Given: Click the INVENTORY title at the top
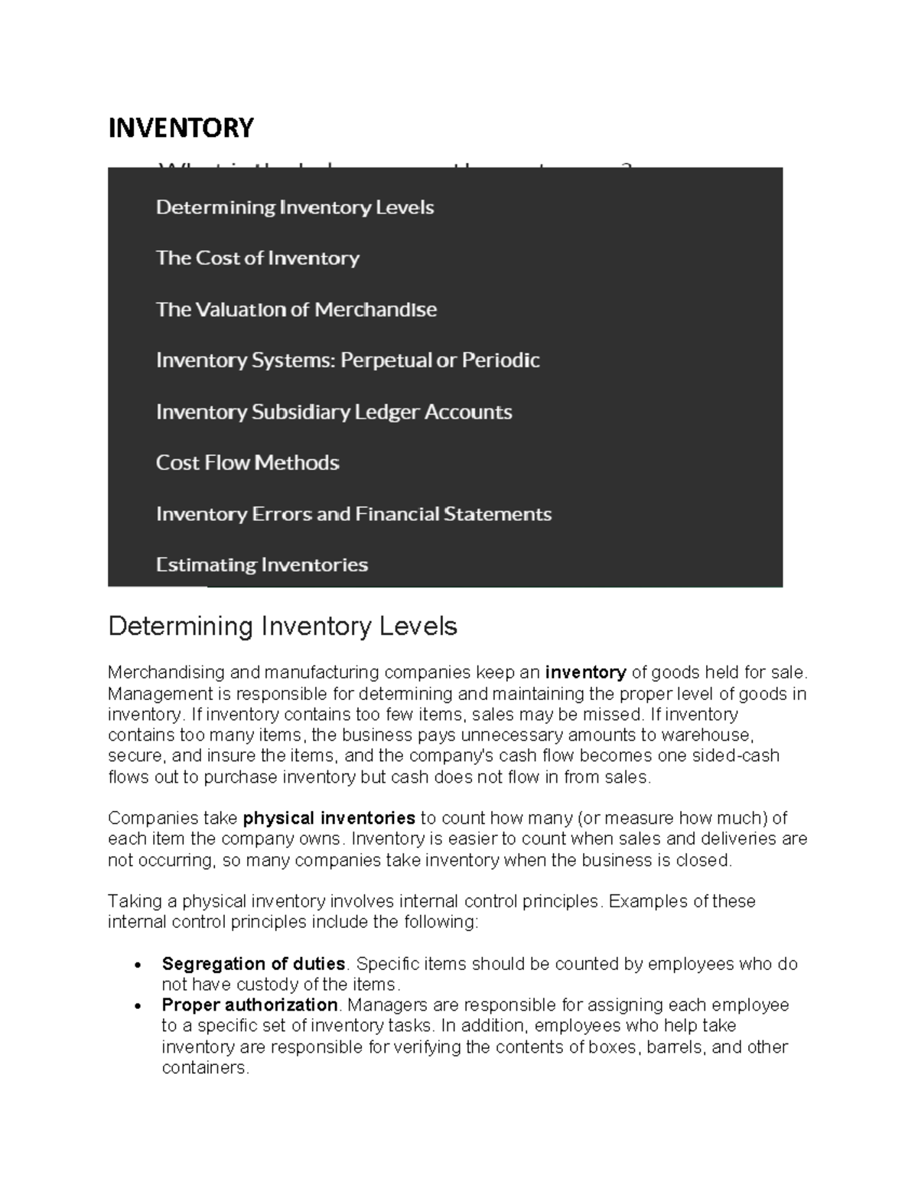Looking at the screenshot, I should (181, 128).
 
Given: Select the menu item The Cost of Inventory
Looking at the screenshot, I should (257, 259).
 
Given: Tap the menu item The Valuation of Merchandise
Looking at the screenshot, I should (296, 310).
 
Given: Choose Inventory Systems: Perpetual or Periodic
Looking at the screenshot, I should (347, 360).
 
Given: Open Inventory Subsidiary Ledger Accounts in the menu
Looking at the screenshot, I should (334, 412).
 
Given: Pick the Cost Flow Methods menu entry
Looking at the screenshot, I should (247, 463).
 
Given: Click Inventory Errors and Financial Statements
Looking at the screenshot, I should (353, 514).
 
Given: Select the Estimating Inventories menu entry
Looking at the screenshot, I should (262, 565).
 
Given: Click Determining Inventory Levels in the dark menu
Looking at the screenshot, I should (295, 208).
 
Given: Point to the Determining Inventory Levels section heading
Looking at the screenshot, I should (282, 627).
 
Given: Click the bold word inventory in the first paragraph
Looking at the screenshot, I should (585, 672).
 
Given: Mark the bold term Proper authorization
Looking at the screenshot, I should (249, 1004).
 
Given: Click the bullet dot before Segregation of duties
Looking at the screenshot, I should (137, 965).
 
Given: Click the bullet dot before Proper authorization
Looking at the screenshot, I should (137, 1005).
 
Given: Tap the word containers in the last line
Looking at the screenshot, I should (205, 1068).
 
